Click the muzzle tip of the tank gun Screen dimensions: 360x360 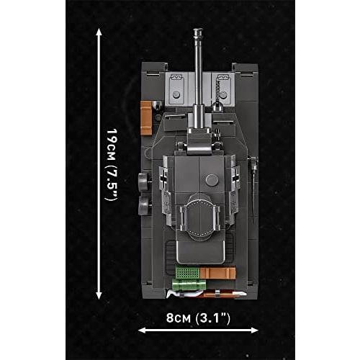(x=197, y=32)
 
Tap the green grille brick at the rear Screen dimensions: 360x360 (x=186, y=274)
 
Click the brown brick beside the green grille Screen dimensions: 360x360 (x=217, y=274)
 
